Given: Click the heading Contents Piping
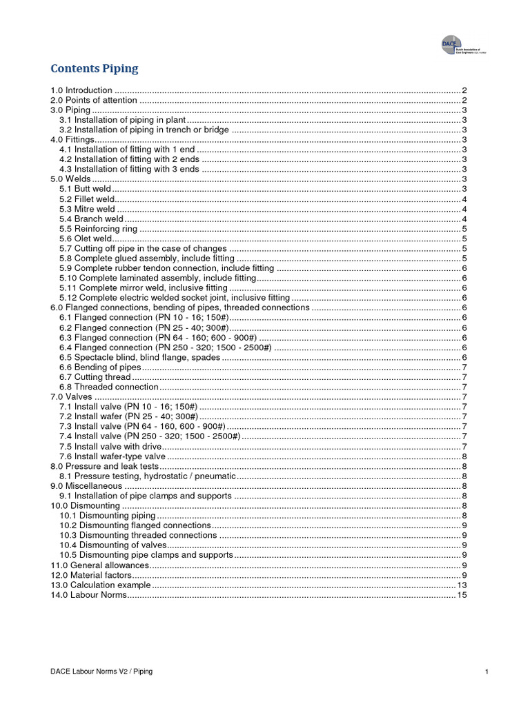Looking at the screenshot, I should coord(95,68).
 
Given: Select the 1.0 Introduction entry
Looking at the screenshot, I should coord(81,90).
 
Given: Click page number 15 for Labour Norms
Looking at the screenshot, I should coord(463,595).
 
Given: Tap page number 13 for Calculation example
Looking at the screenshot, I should coord(463,585).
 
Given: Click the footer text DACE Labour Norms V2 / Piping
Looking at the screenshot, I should coord(102,672).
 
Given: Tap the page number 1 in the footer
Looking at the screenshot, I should coord(487,672).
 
